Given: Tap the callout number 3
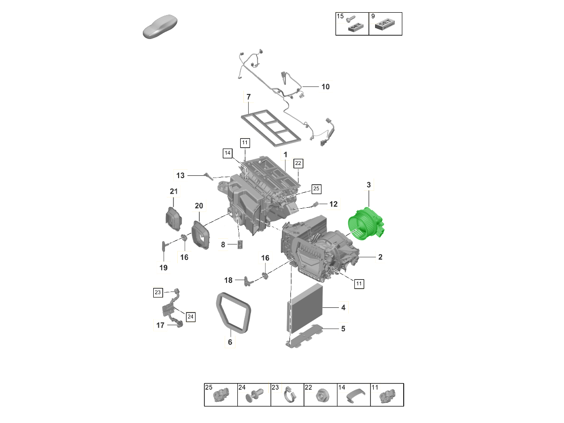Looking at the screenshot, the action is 368,185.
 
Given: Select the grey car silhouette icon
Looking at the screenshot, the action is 160,26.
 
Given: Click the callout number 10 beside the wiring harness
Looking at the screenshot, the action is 325,87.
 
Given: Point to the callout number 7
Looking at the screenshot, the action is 249,97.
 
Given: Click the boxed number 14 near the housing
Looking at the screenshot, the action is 227,153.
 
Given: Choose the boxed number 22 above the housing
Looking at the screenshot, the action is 298,164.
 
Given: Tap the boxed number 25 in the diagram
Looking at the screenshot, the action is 316,189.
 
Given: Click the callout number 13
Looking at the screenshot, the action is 180,175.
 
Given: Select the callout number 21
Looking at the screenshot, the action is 174,191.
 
